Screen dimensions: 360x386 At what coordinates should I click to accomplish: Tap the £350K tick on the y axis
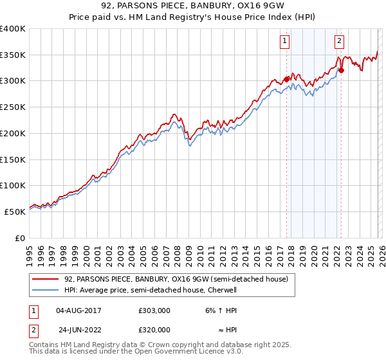pos(13,55)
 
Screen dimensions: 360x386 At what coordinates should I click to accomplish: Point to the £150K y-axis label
pos(13,159)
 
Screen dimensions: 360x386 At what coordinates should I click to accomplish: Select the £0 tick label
pos(20,238)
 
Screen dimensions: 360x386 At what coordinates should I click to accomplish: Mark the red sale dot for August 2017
pos(286,79)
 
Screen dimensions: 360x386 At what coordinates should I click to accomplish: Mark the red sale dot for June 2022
pos(341,70)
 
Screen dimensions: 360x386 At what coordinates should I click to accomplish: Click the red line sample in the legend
pos(46,279)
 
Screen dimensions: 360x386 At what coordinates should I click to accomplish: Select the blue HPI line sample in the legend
pos(46,290)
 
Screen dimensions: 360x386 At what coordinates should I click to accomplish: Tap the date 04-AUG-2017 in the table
pos(78,310)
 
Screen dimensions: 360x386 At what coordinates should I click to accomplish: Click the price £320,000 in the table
pos(154,330)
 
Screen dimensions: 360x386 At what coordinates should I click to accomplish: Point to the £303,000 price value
pos(154,310)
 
